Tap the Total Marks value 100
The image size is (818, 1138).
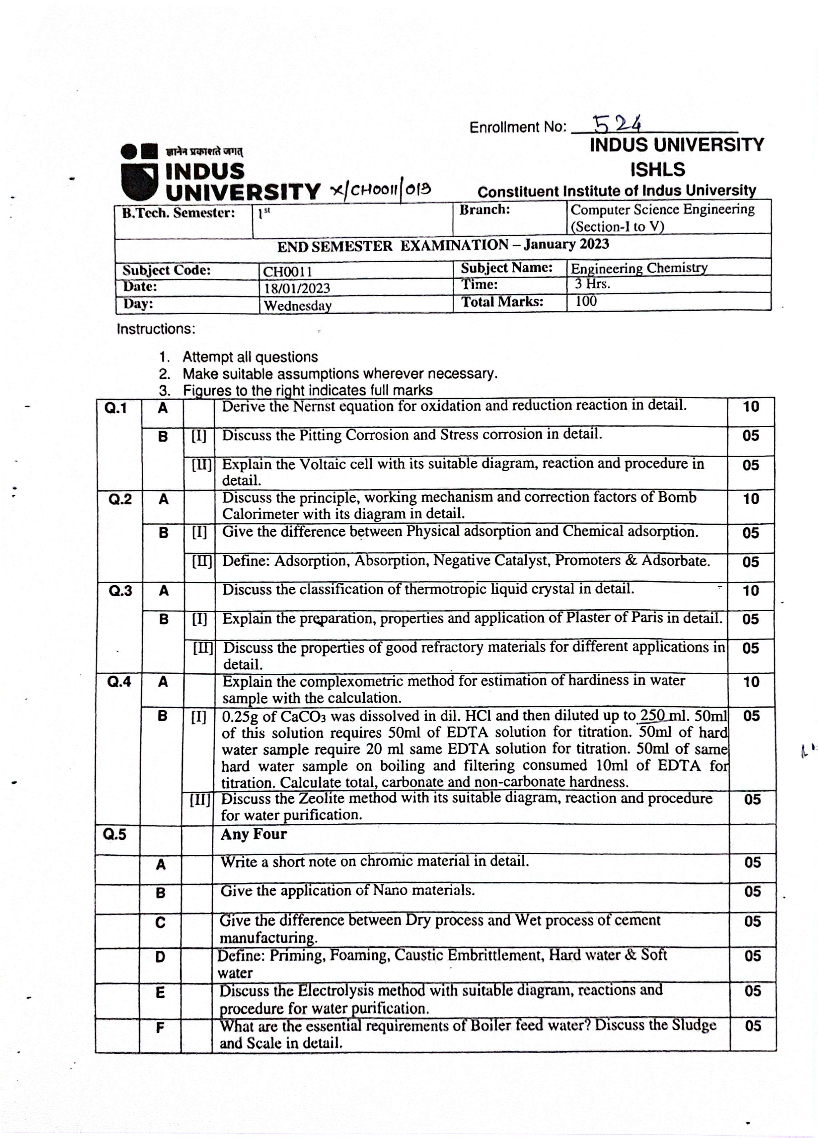click(x=585, y=301)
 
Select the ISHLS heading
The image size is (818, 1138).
click(x=657, y=170)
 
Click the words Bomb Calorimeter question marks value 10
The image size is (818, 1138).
click(x=751, y=499)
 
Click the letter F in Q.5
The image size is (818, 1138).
click(x=160, y=1028)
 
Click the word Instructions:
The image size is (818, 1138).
click(x=155, y=329)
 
